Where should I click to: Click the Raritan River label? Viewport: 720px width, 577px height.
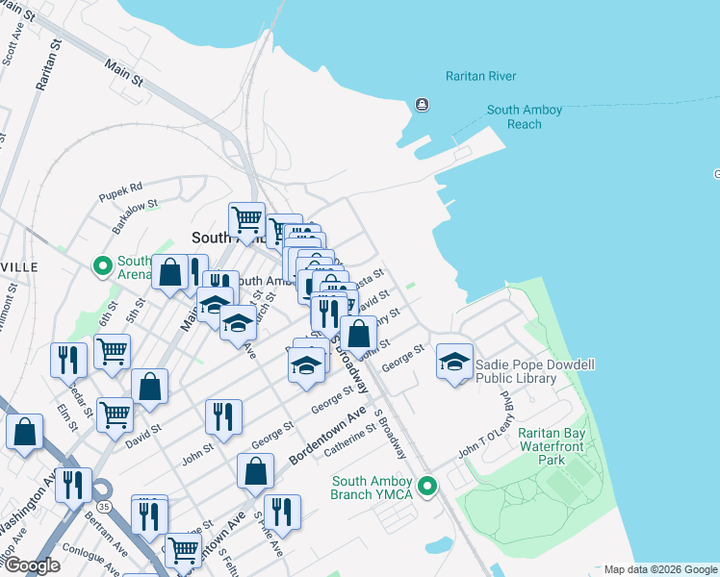click(x=480, y=76)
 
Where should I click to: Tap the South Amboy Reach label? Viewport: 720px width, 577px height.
click(x=525, y=117)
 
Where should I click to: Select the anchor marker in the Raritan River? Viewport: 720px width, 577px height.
click(x=422, y=105)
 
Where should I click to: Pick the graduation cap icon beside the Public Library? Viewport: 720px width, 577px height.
click(x=455, y=362)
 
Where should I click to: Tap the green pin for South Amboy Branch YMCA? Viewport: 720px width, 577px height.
click(x=431, y=488)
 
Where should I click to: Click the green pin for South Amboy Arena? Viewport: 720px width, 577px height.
click(x=101, y=266)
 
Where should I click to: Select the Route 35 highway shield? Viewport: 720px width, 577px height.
click(x=101, y=504)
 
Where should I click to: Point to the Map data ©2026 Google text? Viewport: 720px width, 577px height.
click(x=659, y=569)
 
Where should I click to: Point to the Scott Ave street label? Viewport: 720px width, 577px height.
click(x=12, y=43)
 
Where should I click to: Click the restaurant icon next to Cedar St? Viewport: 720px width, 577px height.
click(x=68, y=360)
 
